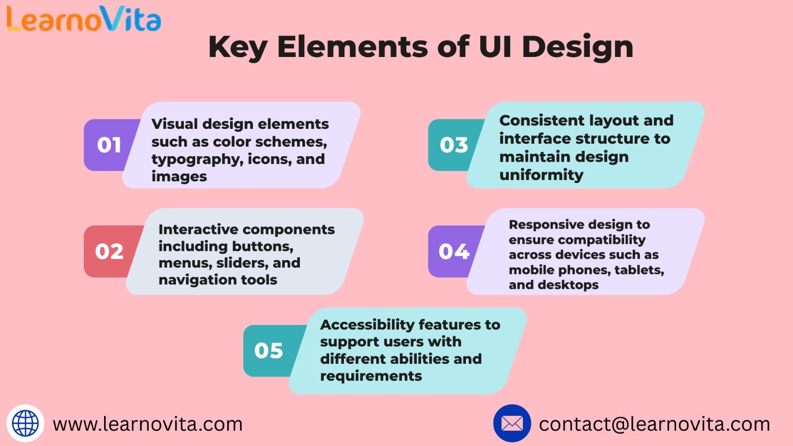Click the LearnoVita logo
[x=84, y=19]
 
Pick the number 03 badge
[x=453, y=145]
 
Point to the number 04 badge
[x=453, y=251]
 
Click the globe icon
[x=25, y=423]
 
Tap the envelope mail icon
[x=512, y=423]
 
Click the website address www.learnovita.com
[x=148, y=424]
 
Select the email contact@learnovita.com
[x=655, y=424]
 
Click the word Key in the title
[x=237, y=48]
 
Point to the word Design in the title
[x=577, y=48]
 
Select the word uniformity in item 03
[x=541, y=175]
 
